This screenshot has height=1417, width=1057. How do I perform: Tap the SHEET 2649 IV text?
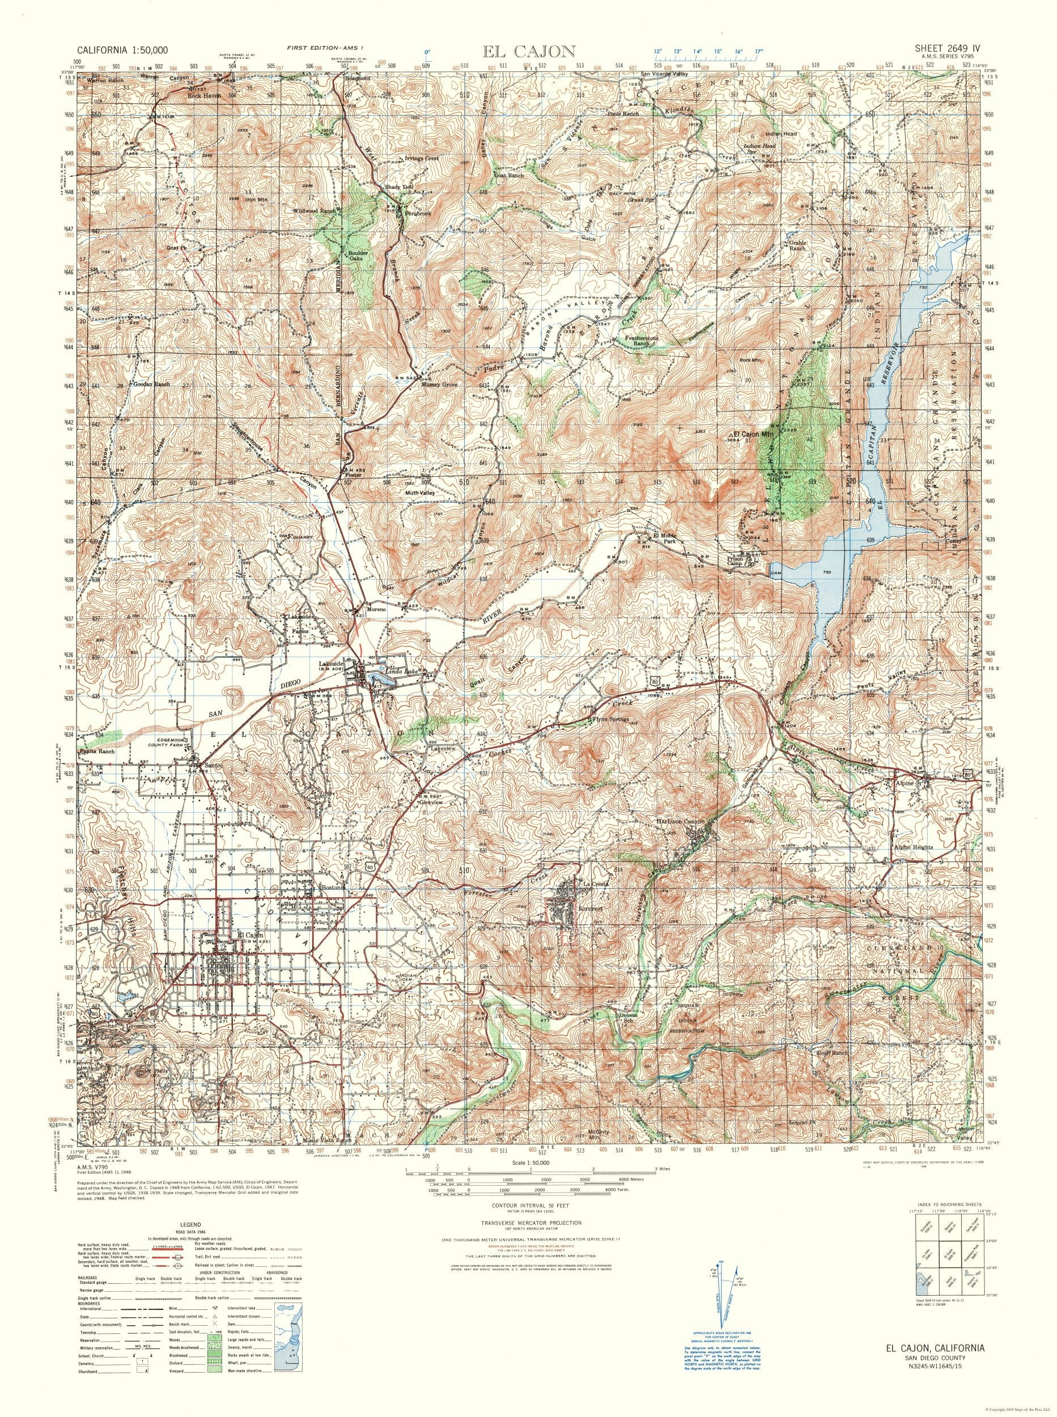[942, 48]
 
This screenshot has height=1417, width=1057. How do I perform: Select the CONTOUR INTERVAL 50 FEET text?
[528, 1204]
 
